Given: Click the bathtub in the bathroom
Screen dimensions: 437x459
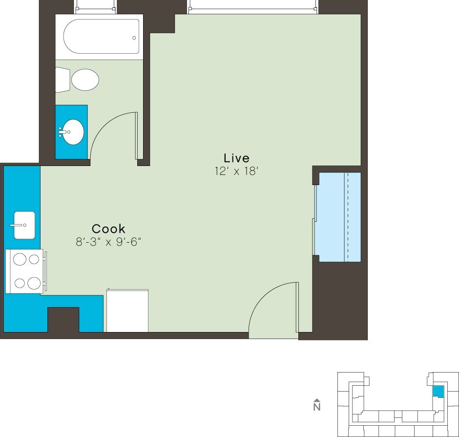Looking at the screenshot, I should click(x=100, y=37).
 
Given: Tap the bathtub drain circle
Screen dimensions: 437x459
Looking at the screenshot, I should click(x=134, y=37).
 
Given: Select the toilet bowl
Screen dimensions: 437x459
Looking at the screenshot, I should click(x=85, y=79).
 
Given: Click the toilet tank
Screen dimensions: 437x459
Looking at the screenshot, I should click(x=62, y=80).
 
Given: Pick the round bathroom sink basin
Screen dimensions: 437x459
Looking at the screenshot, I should click(x=73, y=131).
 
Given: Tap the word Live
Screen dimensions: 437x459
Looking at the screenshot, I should click(x=236, y=158).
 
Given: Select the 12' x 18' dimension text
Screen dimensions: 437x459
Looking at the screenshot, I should click(x=236, y=171).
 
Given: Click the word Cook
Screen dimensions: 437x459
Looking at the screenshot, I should click(x=108, y=229).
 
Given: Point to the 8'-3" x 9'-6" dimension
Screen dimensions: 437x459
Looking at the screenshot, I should click(x=108, y=242).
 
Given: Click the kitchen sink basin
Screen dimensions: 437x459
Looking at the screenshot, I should click(x=24, y=225).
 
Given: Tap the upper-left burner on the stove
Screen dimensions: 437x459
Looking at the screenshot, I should click(x=20, y=260).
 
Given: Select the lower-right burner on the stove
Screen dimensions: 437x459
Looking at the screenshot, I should click(x=34, y=282).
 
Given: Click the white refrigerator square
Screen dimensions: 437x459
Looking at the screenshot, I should click(x=127, y=311).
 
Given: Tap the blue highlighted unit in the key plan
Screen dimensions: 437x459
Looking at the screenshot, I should click(x=438, y=391).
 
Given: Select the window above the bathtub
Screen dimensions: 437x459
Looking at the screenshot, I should click(x=95, y=7).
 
